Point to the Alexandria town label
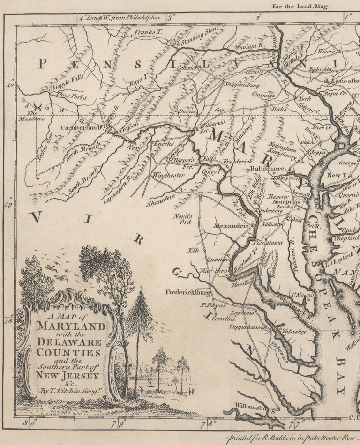click(x=231, y=226)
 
